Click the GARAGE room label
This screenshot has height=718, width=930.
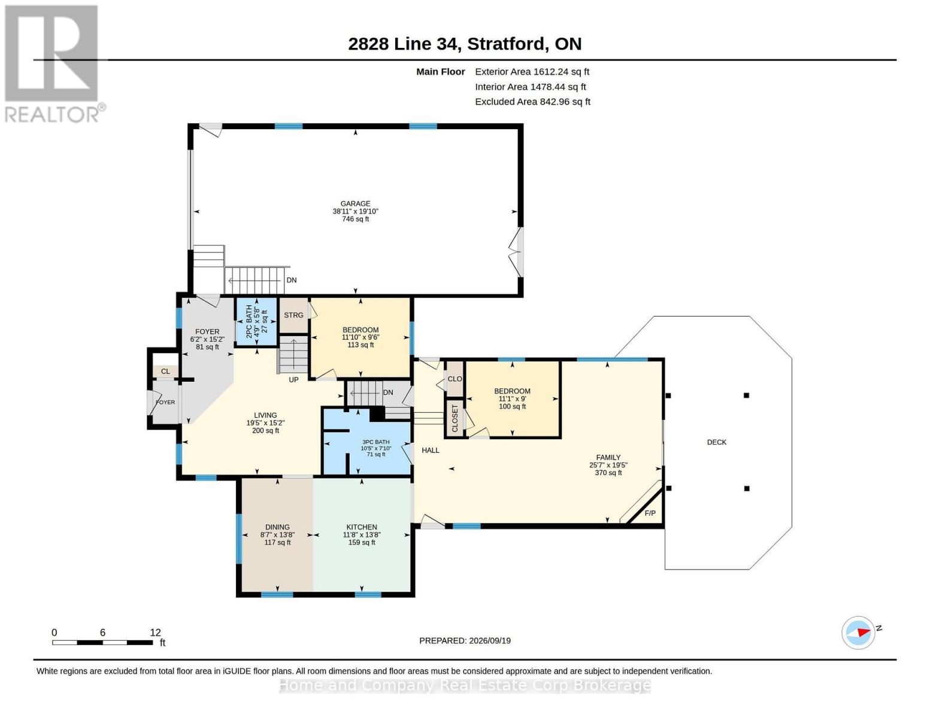(x=355, y=203)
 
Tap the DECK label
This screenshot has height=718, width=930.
(x=716, y=442)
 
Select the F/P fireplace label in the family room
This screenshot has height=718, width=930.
(x=650, y=513)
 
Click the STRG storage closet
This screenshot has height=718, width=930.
(x=293, y=315)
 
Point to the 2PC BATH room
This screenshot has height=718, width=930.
(x=256, y=321)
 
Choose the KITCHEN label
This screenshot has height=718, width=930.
(x=362, y=527)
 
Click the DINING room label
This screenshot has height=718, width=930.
(x=277, y=527)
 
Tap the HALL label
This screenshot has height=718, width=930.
(x=431, y=451)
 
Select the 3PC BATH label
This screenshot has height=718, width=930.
(x=375, y=442)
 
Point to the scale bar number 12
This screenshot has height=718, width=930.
(x=155, y=632)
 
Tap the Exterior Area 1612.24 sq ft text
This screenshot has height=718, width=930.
(x=532, y=72)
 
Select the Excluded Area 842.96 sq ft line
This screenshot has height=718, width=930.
(x=532, y=102)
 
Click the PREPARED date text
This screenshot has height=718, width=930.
(x=465, y=641)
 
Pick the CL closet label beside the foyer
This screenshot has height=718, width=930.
(x=166, y=372)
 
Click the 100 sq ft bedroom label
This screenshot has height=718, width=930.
(x=512, y=406)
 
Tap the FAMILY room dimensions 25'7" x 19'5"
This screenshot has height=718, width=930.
(x=608, y=466)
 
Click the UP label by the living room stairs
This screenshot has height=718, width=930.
(x=293, y=380)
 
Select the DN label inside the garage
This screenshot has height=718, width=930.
(x=292, y=280)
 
